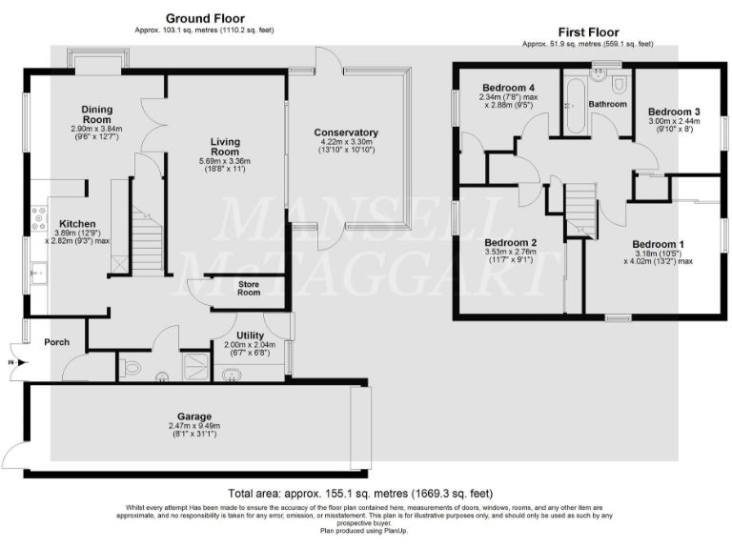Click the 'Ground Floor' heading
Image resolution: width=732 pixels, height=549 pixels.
pyautogui.click(x=205, y=18)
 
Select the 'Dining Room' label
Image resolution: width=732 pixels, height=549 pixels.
pyautogui.click(x=97, y=114)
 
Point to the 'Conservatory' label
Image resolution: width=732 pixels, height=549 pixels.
pyautogui.click(x=345, y=132)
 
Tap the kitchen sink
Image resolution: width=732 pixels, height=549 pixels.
pyautogui.click(x=39, y=274)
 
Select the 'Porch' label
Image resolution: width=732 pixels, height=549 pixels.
pyautogui.click(x=55, y=342)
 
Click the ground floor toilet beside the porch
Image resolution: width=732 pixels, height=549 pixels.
pyautogui.click(x=131, y=367)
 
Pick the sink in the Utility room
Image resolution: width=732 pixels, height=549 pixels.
pyautogui.click(x=232, y=374)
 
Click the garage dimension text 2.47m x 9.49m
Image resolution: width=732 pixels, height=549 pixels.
pyautogui.click(x=194, y=428)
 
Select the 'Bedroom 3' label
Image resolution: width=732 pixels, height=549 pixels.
pyautogui.click(x=674, y=111)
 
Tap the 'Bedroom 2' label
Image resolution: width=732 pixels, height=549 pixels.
pyautogui.click(x=510, y=242)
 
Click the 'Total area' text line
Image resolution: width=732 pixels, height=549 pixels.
pyautogui.click(x=360, y=493)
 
